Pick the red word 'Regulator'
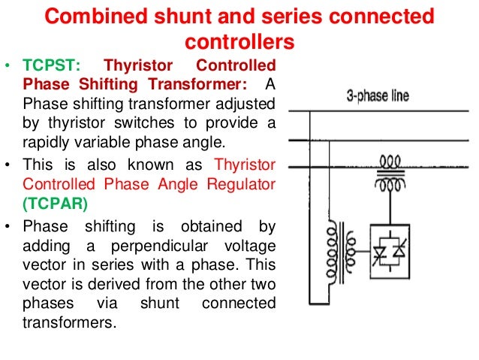click(235, 184)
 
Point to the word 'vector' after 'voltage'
click(46, 266)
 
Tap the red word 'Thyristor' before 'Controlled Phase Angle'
click(245, 165)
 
